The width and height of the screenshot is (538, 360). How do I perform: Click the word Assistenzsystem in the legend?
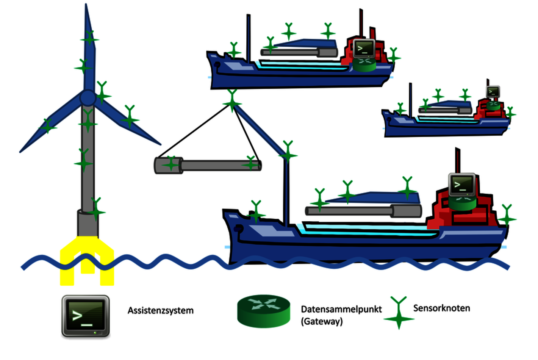(160, 310)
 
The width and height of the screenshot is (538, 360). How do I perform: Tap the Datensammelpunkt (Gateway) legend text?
(341, 315)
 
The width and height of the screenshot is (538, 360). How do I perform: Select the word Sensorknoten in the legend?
(441, 308)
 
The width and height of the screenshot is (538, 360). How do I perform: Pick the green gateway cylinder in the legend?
(264, 311)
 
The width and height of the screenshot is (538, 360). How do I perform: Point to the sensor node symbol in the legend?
(399, 313)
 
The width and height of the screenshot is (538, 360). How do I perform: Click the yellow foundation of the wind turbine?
(87, 261)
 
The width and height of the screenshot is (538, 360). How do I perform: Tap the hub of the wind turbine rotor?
(88, 98)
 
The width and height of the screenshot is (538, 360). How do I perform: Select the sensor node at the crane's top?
(232, 101)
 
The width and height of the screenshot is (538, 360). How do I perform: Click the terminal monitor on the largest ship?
(462, 185)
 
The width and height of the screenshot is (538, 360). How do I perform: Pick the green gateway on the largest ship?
(462, 203)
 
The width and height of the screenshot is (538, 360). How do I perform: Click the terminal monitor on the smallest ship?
(493, 92)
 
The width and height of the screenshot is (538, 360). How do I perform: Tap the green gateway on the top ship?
(364, 65)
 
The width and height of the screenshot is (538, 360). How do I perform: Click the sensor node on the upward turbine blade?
(89, 38)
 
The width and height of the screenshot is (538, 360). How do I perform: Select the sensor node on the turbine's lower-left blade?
(48, 126)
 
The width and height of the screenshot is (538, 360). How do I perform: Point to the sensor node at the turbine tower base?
(96, 209)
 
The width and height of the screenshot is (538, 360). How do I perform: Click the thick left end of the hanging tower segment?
(169, 165)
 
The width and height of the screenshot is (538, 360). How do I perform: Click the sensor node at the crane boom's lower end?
(288, 152)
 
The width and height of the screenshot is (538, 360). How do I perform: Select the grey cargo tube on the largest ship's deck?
(363, 211)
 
